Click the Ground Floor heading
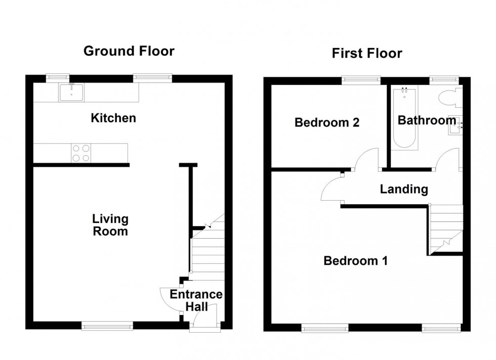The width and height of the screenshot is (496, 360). pos(129,51)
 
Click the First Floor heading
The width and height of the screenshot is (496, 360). pos(367,53)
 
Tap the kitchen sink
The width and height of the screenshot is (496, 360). pos(71,93)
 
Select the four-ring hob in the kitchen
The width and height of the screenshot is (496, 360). pos(80,153)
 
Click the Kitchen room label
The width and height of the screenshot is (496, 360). pos(113,118)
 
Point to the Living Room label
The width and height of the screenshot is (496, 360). pos(110,226)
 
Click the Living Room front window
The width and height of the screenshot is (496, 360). pos(108,326)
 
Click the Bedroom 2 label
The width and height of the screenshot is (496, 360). pos(327,122)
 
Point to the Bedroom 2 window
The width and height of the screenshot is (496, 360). pos(361,79)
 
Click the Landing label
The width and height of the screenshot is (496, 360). pos(404,190)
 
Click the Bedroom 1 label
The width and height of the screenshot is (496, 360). pos(355,261)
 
